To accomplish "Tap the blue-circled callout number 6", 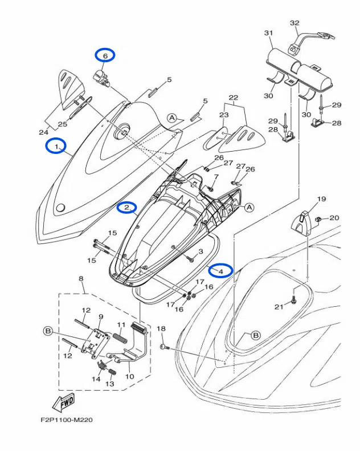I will pyautogui.click(x=105, y=55).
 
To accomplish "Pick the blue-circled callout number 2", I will pyautogui.click(x=127, y=208).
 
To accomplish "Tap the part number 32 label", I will pyautogui.click(x=294, y=23).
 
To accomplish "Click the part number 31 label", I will pyautogui.click(x=268, y=33).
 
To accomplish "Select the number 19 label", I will pyautogui.click(x=321, y=199).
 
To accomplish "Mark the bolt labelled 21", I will pyautogui.click(x=294, y=296).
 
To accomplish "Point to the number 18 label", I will pyautogui.click(x=161, y=329).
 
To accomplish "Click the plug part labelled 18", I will pyautogui.click(x=164, y=346).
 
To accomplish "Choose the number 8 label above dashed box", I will pyautogui.click(x=81, y=278).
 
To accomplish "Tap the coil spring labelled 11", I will pyautogui.click(x=120, y=338).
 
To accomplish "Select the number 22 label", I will pyautogui.click(x=233, y=97).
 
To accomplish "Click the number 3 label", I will pyautogui.click(x=201, y=251).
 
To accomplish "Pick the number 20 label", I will pyautogui.click(x=334, y=218).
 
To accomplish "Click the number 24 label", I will pyautogui.click(x=43, y=132).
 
